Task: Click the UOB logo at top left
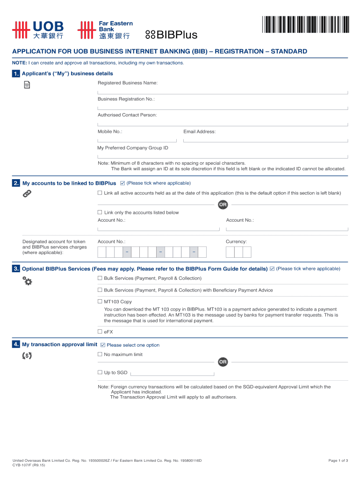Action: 38,30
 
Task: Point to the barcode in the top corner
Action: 306,24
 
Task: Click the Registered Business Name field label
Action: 128,83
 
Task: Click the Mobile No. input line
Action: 137,140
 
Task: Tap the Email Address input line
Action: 266,140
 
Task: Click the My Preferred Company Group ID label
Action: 133,148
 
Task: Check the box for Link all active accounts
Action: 100,193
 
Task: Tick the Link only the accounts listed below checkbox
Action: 100,212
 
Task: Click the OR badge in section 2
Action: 223,204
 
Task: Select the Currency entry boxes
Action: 238,252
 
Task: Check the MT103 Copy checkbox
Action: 100,302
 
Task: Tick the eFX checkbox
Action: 100,332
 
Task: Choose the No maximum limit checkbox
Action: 100,355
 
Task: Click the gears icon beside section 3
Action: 27,281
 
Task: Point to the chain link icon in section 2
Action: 27,194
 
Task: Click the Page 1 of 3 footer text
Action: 338,461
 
